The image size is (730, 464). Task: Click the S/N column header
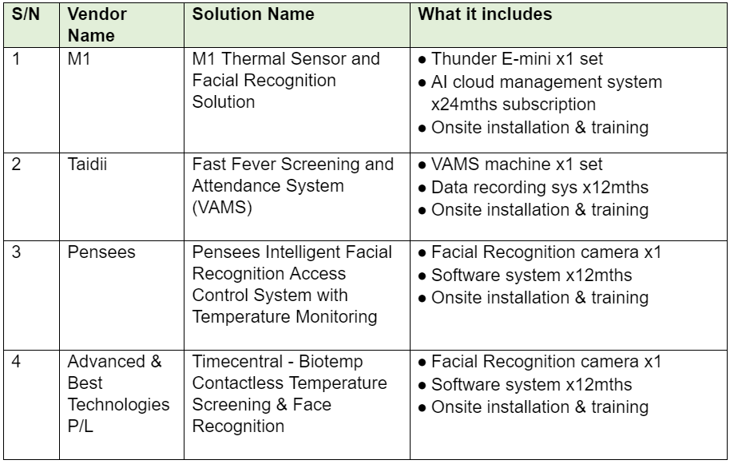click(x=26, y=14)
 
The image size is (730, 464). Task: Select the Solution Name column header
click(x=253, y=14)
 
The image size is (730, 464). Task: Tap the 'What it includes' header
click(x=485, y=14)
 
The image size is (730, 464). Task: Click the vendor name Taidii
click(x=87, y=165)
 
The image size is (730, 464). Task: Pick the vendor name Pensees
click(x=101, y=252)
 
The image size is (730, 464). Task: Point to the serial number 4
click(x=16, y=362)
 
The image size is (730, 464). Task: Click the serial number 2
click(x=16, y=165)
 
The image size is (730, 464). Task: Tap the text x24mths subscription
click(x=514, y=105)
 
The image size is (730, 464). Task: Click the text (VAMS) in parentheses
click(x=222, y=207)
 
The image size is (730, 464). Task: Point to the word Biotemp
click(x=331, y=362)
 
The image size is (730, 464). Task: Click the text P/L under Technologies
click(x=81, y=426)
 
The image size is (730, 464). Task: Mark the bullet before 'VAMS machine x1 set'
click(x=422, y=165)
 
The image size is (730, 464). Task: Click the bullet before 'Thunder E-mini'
click(x=422, y=61)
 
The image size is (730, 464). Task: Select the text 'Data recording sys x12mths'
click(x=540, y=188)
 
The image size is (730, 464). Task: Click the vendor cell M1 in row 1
click(x=79, y=59)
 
